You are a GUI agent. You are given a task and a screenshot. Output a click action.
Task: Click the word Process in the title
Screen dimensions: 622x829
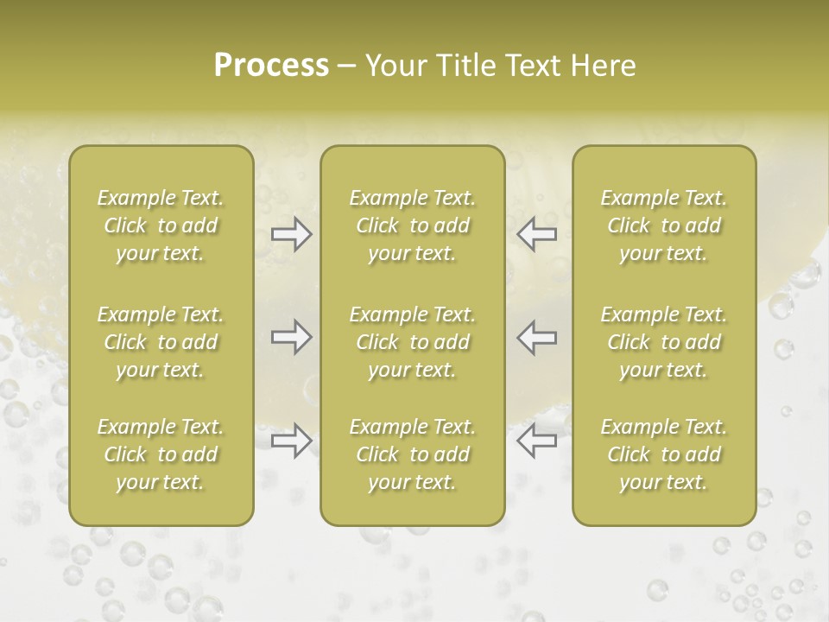(271, 66)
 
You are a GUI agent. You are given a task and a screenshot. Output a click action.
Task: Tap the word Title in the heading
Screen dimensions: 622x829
(465, 66)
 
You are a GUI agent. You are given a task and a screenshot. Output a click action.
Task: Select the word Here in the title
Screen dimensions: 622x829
(603, 66)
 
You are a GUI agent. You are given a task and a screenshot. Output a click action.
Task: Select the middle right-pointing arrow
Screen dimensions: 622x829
(291, 337)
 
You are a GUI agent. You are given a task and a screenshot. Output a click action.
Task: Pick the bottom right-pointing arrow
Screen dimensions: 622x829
(291, 441)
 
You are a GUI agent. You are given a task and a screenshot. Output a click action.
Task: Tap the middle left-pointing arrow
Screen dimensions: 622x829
(536, 337)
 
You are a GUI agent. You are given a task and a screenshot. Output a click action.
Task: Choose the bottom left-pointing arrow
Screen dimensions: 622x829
(536, 441)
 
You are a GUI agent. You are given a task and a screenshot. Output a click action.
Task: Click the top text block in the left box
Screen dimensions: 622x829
(161, 225)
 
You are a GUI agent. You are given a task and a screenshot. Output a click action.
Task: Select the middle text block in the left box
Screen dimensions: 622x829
(161, 342)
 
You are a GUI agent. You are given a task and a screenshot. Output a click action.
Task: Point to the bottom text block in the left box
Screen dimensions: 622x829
(161, 454)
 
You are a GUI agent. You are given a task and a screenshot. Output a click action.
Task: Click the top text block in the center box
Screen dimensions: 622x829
(412, 225)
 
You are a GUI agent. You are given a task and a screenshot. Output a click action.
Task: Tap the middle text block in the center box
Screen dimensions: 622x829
(412, 342)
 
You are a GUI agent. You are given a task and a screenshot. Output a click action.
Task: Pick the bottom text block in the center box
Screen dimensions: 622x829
(412, 454)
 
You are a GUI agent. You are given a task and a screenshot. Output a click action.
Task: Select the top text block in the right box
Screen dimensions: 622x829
(663, 225)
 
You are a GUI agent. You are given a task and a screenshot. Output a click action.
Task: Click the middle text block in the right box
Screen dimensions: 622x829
(663, 342)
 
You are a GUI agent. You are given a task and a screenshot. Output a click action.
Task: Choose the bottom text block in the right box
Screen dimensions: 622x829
(663, 454)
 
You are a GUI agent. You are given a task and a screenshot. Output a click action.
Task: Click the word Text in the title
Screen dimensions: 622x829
(535, 66)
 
